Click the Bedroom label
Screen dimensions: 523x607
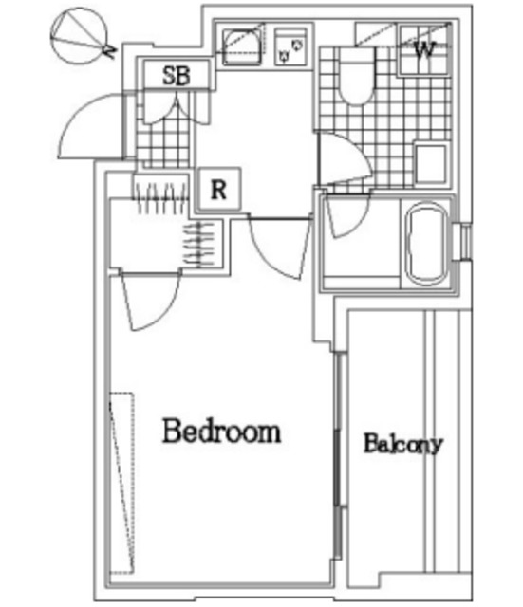pyautogui.click(x=221, y=431)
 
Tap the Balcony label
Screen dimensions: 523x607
pyautogui.click(x=402, y=444)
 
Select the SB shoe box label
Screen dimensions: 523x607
pyautogui.click(x=177, y=76)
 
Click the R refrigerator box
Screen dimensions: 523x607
pyautogui.click(x=219, y=190)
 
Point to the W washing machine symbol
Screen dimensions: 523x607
pyautogui.click(x=424, y=49)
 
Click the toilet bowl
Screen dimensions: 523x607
pyautogui.click(x=356, y=76)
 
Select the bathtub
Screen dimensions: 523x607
pyautogui.click(x=426, y=243)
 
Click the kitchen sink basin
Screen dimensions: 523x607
pyautogui.click(x=243, y=47)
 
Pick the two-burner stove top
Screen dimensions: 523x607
pyautogui.click(x=291, y=46)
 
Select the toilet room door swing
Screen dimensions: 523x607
pyautogui.click(x=345, y=159)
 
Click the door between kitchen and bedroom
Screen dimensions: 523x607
pyautogui.click(x=280, y=248)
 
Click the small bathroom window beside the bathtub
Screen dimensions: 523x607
pyautogui.click(x=466, y=243)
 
